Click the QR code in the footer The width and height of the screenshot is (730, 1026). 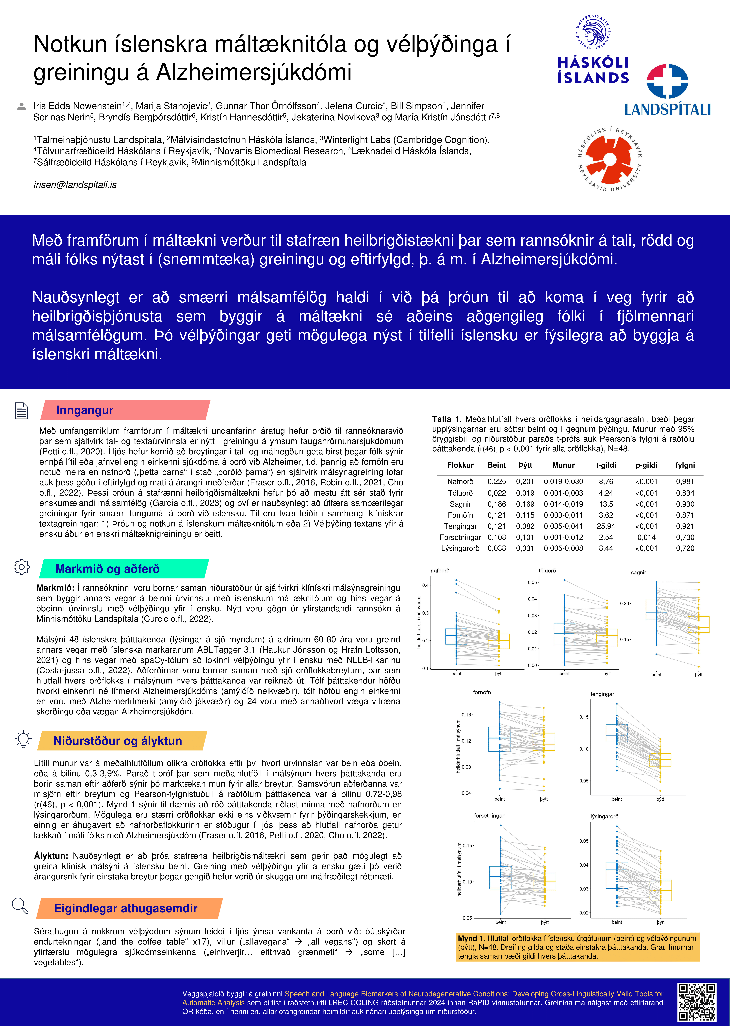click(697, 1002)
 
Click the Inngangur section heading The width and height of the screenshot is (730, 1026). click(85, 410)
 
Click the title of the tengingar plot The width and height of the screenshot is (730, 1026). click(602, 694)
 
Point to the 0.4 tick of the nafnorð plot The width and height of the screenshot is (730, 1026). click(425, 585)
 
